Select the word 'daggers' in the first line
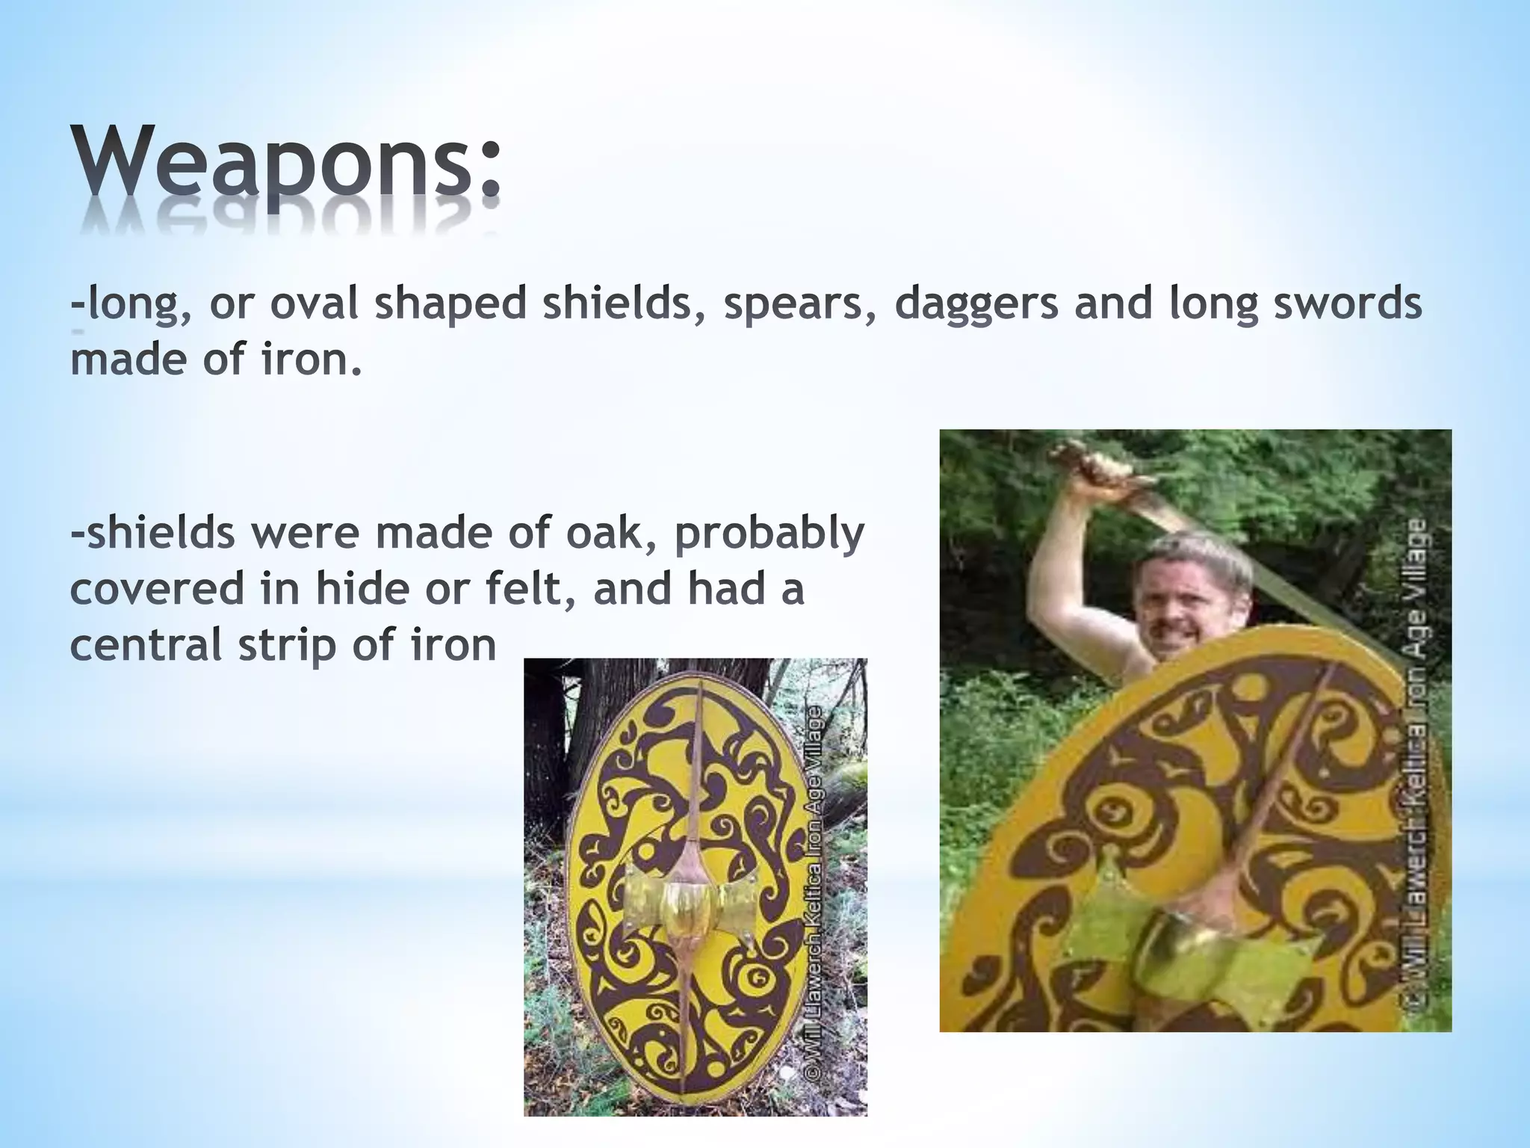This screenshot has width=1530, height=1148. coord(976,306)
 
